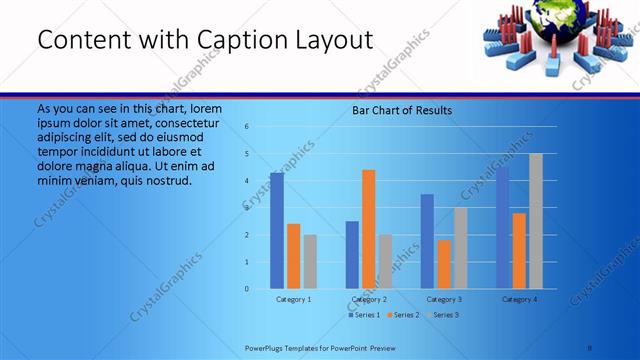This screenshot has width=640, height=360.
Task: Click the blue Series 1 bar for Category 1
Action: pyautogui.click(x=277, y=231)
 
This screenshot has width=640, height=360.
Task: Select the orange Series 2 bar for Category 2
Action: pyautogui.click(x=369, y=229)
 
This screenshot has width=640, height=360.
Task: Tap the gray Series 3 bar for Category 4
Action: pyautogui.click(x=536, y=221)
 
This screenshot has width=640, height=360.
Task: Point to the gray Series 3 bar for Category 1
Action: pyautogui.click(x=310, y=262)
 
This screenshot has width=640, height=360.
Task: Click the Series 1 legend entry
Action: pyautogui.click(x=363, y=315)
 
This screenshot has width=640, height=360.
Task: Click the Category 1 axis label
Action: pyautogui.click(x=294, y=299)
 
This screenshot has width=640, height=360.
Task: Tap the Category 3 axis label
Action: pyautogui.click(x=444, y=299)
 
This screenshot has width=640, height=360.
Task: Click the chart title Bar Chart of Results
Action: pyautogui.click(x=402, y=110)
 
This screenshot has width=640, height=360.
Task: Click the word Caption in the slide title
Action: pyautogui.click(x=245, y=40)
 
